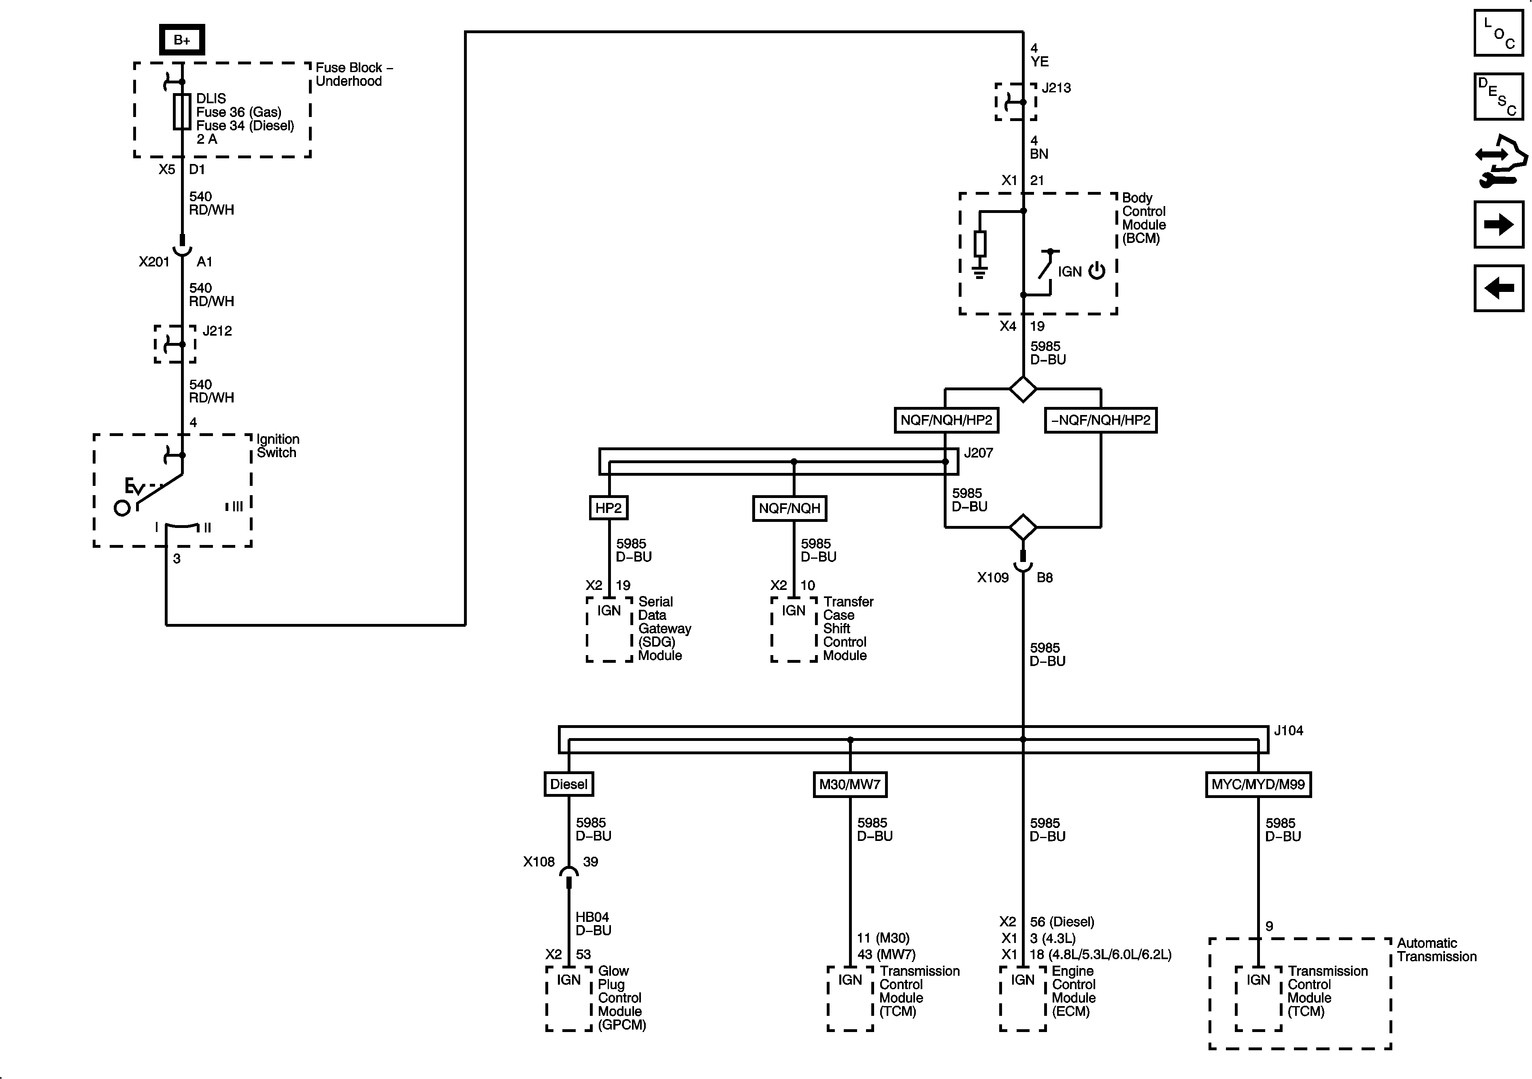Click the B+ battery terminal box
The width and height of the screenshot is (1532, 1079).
(181, 40)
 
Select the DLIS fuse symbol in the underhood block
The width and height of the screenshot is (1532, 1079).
(181, 111)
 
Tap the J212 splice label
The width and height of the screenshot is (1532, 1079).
(217, 331)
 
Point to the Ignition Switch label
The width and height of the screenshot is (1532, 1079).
(278, 446)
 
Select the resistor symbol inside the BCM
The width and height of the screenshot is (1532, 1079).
(979, 244)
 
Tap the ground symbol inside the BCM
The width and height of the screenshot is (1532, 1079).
(979, 272)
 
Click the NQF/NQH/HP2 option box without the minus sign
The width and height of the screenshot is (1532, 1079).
(946, 420)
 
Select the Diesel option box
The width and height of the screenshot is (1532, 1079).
(568, 784)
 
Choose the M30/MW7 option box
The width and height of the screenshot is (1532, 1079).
(849, 784)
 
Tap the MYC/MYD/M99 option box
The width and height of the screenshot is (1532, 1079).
(1258, 784)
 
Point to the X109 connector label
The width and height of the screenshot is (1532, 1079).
(993, 578)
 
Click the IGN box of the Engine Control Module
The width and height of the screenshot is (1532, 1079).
(1022, 980)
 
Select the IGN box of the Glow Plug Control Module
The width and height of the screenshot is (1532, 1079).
(568, 980)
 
